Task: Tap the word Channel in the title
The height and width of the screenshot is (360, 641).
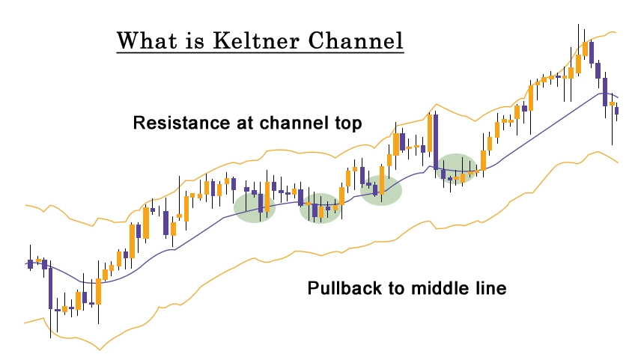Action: point(356,40)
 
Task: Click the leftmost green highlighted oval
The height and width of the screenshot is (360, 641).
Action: point(255,207)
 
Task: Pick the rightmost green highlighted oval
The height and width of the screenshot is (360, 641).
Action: point(456,168)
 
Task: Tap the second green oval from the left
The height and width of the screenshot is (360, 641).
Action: point(320,208)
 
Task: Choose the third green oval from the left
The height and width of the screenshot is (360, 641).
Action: point(381,190)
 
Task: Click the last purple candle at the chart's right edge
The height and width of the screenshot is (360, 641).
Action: point(616,111)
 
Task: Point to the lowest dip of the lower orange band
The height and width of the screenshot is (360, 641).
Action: point(100,350)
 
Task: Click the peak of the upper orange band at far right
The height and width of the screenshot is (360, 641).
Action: point(613,32)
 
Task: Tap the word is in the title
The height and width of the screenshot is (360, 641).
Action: point(195,40)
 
